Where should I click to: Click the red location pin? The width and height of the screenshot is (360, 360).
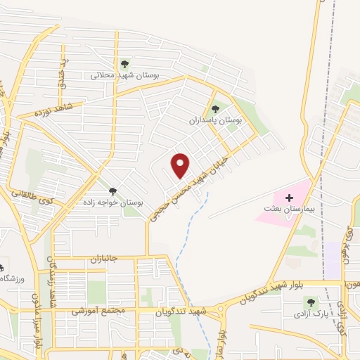(x=181, y=165)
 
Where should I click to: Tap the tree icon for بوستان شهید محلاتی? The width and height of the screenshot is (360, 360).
(x=125, y=64)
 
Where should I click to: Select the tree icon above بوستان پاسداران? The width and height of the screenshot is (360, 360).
(x=215, y=109)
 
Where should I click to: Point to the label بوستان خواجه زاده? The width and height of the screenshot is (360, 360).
(x=112, y=202)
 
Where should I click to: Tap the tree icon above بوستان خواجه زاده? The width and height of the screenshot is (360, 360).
(x=112, y=191)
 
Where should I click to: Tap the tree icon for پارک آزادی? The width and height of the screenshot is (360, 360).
(x=311, y=302)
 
